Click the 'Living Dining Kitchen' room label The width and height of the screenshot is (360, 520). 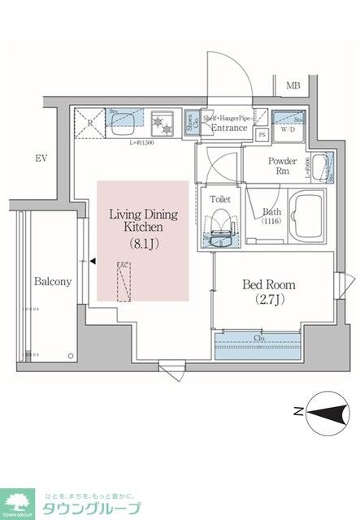(143, 220)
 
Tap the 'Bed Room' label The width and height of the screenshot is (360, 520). (269, 285)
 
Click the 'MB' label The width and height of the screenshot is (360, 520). (293, 85)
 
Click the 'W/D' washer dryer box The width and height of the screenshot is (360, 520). (288, 125)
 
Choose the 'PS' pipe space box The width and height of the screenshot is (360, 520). (262, 136)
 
